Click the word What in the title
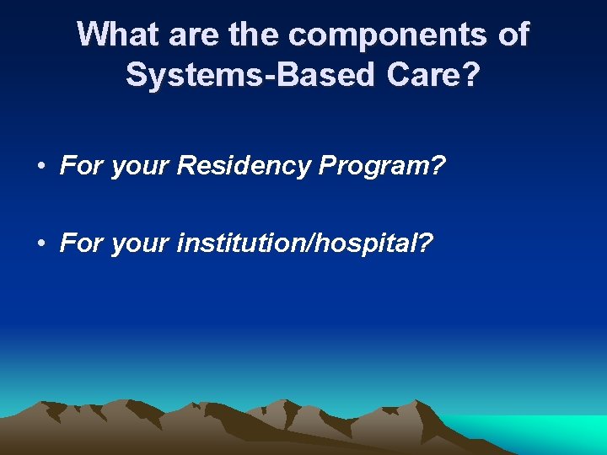(x=116, y=35)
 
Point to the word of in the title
(x=512, y=35)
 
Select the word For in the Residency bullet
(x=79, y=166)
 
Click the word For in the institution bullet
(x=79, y=244)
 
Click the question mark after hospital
(x=426, y=244)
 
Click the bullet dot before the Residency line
(x=41, y=167)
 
